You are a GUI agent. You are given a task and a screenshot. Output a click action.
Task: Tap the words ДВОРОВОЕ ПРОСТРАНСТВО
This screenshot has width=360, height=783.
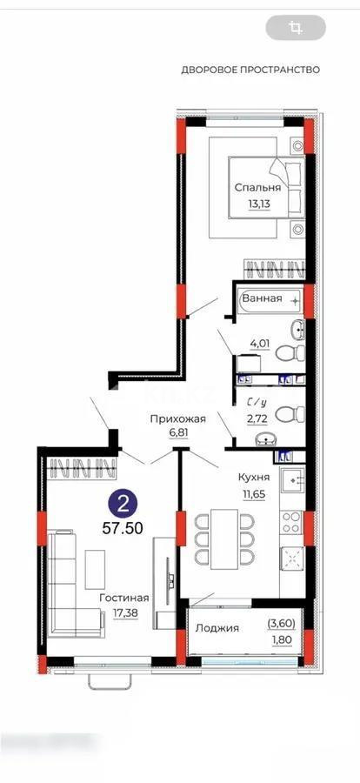(250, 69)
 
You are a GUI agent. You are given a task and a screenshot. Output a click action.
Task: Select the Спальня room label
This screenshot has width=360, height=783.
(257, 187)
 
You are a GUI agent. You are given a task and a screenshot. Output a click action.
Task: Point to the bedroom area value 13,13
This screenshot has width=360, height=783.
(257, 205)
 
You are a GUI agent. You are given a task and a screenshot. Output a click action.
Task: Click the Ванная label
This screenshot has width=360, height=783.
(262, 298)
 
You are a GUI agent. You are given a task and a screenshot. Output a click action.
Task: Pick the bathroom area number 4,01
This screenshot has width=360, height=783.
(260, 343)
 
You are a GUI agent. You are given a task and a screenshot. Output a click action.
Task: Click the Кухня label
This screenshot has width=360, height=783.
(253, 477)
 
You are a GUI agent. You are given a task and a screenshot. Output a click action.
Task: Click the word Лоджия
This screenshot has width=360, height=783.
(218, 628)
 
